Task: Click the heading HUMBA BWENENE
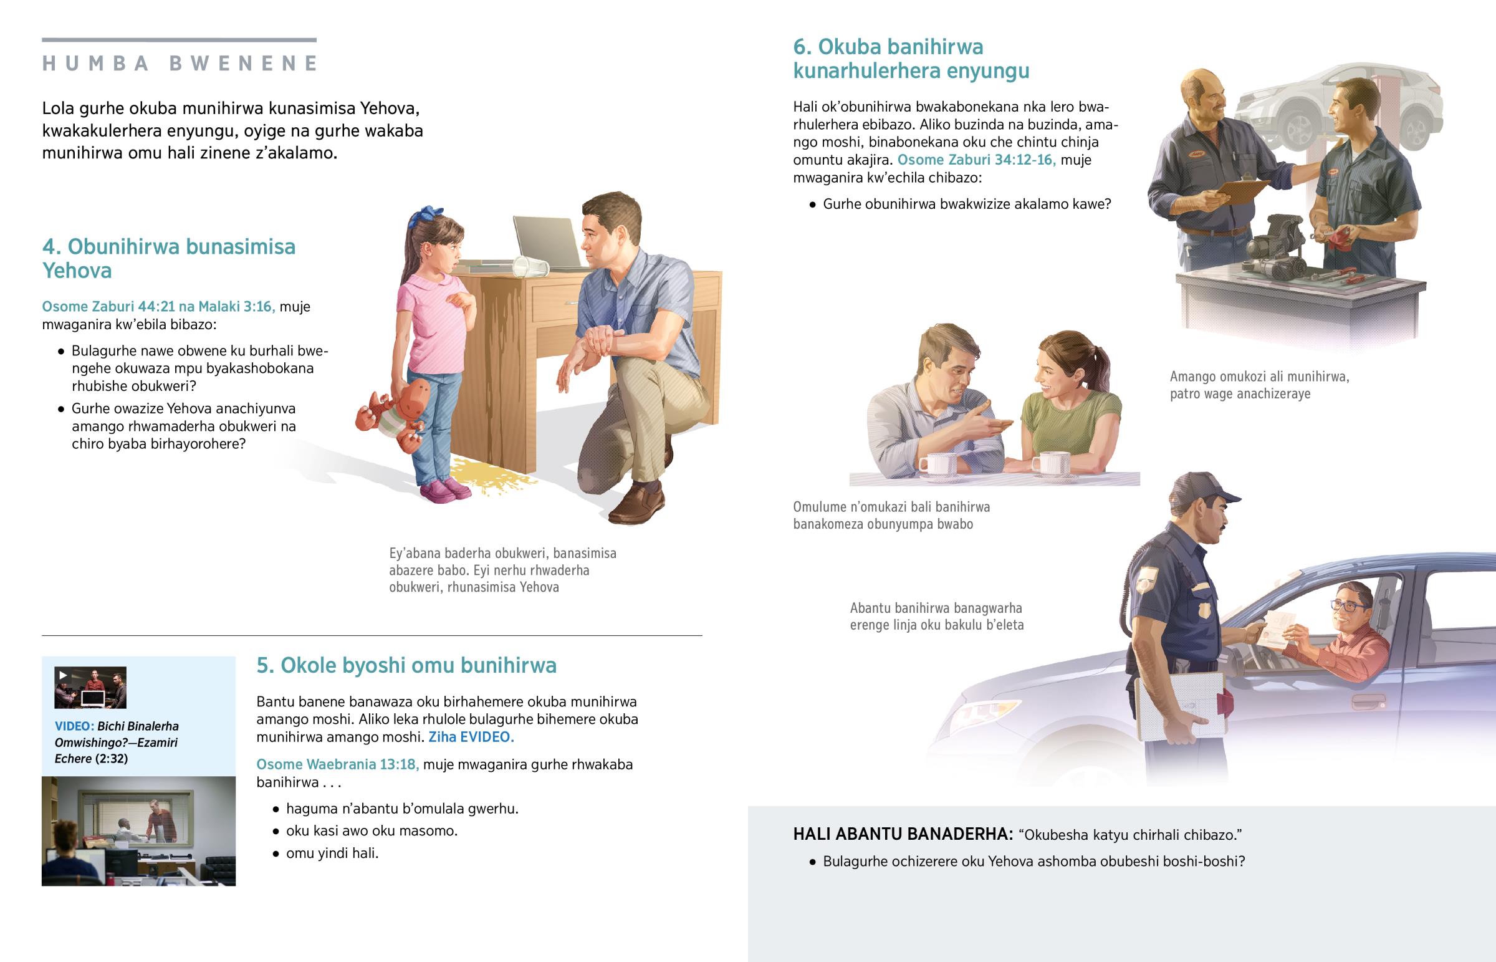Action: [x=180, y=63]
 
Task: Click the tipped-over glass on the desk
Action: [x=529, y=267]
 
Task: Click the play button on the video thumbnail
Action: [x=63, y=675]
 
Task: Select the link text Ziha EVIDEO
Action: [x=471, y=737]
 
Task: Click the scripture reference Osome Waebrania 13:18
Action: [x=337, y=764]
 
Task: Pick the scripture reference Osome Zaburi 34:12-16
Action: [x=976, y=160]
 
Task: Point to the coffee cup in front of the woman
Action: [x=1051, y=463]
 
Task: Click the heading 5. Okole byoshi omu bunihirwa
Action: [x=406, y=665]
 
